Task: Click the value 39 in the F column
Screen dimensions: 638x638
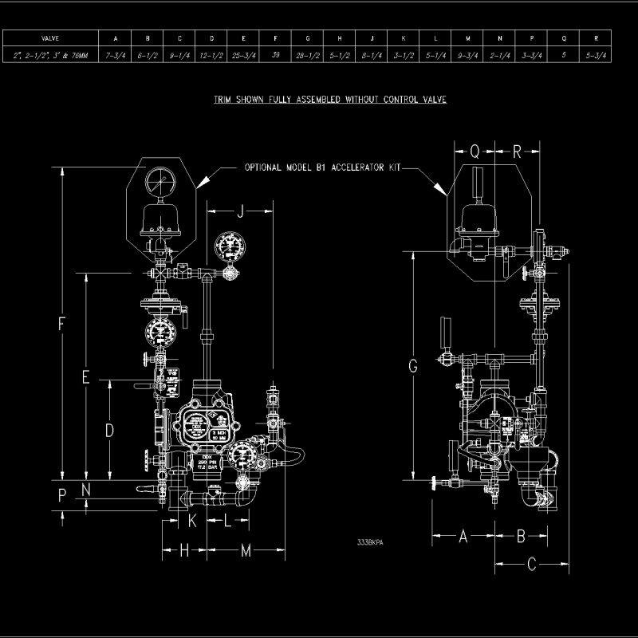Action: click(276, 55)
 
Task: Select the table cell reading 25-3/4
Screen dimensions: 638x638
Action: click(244, 55)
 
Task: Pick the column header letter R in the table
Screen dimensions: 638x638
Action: click(597, 37)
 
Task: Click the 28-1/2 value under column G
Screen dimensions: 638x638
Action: click(308, 55)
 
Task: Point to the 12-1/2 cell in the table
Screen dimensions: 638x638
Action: click(211, 55)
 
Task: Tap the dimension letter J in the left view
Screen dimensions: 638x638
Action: click(240, 211)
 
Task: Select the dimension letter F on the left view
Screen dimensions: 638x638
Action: click(61, 324)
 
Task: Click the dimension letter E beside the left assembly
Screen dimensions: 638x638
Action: click(86, 377)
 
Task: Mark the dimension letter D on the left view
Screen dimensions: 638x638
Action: click(109, 430)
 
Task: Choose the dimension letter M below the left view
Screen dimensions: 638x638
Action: click(246, 550)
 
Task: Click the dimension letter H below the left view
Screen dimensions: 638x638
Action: click(184, 550)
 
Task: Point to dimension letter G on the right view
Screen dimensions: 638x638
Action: click(412, 366)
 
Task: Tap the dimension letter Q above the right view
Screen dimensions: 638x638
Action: click(475, 152)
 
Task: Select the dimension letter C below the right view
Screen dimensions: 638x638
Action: click(533, 565)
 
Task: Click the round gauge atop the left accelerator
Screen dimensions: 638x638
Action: click(162, 181)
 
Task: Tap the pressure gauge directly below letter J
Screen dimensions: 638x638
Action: click(230, 245)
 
